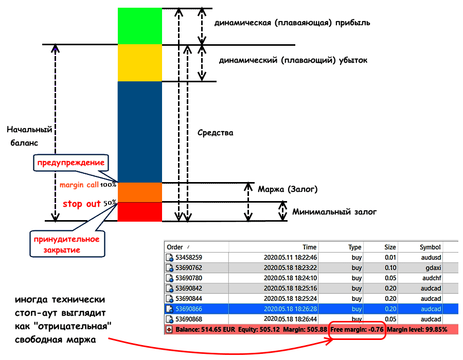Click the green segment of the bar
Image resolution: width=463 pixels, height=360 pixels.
[140, 26]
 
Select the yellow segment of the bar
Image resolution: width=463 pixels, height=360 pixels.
[140, 63]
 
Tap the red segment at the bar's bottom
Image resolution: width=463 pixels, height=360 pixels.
[140, 211]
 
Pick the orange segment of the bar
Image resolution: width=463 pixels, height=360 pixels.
[140, 192]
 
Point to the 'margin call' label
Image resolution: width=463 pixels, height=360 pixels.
[79, 184]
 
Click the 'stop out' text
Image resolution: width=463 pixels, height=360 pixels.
[81, 204]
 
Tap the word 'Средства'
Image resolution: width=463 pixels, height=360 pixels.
[215, 133]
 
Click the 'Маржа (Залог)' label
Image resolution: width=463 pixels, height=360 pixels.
[288, 189]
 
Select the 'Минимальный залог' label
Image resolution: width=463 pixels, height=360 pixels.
[334, 211]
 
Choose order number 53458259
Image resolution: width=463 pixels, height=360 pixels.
[188, 257]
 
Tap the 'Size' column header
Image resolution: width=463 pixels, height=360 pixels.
[390, 247]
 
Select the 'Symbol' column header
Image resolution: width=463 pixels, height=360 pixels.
[430, 247]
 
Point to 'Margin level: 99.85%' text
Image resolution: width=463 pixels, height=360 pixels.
[417, 329]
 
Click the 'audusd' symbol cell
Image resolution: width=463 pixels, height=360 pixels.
[431, 257]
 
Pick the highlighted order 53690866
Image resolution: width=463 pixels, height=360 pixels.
[188, 309]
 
